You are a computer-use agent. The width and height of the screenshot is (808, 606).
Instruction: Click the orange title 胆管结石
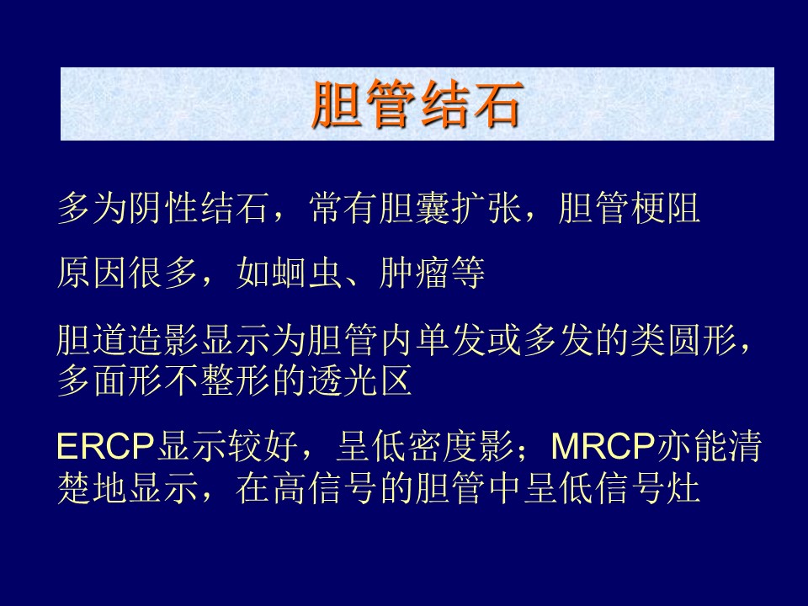pyautogui.click(x=417, y=104)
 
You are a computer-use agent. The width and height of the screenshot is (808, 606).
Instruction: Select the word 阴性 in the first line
pyautogui.click(x=164, y=209)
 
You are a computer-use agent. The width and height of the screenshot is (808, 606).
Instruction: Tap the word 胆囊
pyautogui.click(x=415, y=209)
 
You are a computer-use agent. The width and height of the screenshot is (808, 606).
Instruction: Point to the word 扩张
pyautogui.click(x=486, y=209)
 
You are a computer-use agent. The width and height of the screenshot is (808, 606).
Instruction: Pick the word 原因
pyautogui.click(x=93, y=273)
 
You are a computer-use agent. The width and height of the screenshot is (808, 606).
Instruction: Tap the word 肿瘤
pyautogui.click(x=415, y=273)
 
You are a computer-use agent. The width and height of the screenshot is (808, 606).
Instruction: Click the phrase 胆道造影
pyautogui.click(x=128, y=340)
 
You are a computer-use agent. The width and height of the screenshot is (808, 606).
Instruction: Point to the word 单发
pyautogui.click(x=451, y=340)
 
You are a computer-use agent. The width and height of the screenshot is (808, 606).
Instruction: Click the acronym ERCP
pyautogui.click(x=106, y=446)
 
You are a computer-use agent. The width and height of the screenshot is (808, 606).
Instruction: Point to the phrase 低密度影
pyautogui.click(x=442, y=446)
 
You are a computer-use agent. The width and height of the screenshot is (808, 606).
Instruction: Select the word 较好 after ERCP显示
pyautogui.click(x=263, y=446)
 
